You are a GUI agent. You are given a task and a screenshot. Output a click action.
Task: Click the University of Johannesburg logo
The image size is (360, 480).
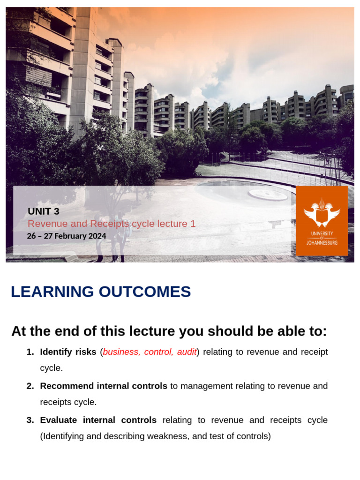point(322,221)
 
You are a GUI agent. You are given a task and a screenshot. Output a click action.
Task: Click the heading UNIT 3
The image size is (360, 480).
point(44,211)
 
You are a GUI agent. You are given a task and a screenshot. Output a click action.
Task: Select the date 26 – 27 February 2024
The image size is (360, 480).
point(67,236)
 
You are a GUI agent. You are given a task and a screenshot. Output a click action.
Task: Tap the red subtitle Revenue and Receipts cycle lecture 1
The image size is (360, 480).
point(112,224)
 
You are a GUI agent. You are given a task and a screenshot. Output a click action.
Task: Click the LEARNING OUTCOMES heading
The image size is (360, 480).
point(101,292)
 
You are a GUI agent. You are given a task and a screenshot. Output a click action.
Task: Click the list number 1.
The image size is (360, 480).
point(30,352)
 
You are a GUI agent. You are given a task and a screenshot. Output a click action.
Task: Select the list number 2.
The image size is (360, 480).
point(30,386)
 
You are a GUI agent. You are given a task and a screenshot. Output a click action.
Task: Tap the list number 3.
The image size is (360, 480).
point(30,420)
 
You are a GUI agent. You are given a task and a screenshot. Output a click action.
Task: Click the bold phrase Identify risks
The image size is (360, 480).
point(68,352)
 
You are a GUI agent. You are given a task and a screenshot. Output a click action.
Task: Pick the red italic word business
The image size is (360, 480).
point(121,352)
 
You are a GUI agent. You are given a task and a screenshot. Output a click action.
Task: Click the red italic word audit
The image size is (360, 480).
point(187,352)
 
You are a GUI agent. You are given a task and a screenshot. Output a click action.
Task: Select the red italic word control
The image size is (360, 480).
point(158,352)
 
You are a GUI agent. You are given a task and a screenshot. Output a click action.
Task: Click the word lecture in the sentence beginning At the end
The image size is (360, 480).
point(154,331)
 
